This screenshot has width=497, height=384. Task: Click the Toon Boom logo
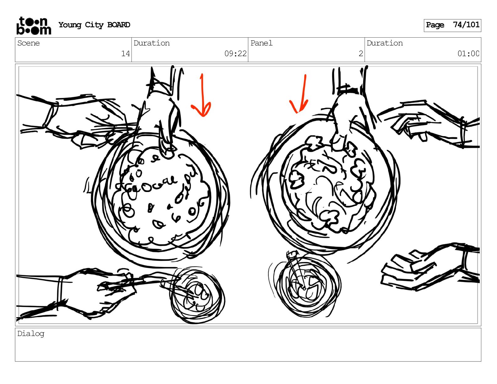tap(34, 26)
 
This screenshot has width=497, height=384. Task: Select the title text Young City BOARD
tap(94, 25)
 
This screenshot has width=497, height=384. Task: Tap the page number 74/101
tap(466, 24)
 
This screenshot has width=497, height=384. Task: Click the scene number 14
tap(125, 54)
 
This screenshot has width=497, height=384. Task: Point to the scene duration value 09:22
tap(235, 54)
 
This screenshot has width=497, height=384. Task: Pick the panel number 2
tap(361, 54)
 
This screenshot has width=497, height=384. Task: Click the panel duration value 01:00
tap(468, 54)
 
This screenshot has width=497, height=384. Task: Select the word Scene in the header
tap(28, 43)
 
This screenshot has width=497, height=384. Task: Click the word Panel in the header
tap(261, 43)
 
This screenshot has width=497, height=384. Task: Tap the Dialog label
tap(31, 334)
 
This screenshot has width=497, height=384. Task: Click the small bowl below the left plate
tap(197, 295)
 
